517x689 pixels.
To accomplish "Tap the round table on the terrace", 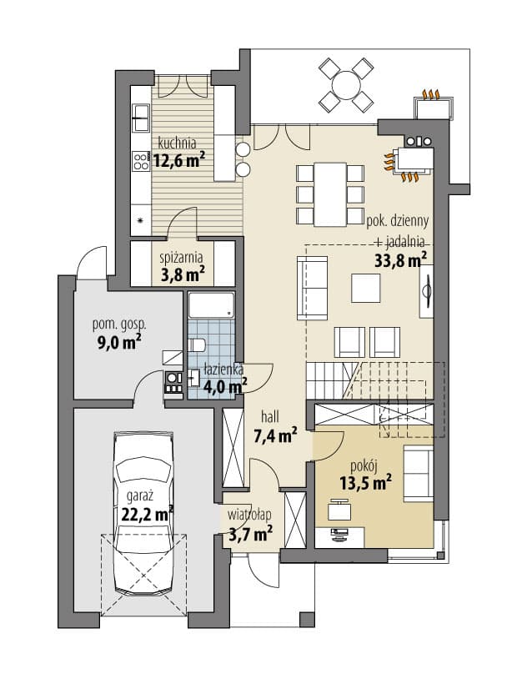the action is pos(346,84).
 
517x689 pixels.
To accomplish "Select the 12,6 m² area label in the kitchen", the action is pos(179,160).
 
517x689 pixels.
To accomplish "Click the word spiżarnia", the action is pos(181,257).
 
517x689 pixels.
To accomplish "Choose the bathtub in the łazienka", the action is pos(211,305).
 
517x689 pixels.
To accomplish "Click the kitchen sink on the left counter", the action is pos(141,118).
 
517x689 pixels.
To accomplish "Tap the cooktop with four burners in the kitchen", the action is pos(141,160).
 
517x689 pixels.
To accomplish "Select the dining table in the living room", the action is pos(331,194).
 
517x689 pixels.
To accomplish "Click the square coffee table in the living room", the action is pos(365,289).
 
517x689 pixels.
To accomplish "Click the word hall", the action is pos(269,416).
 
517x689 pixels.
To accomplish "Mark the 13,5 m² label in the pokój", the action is pos(365,482).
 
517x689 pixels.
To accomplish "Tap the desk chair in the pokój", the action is pos(339,510).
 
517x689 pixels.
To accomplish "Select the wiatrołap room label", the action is pos(249,515).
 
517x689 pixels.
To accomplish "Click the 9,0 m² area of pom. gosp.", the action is pos(118,341).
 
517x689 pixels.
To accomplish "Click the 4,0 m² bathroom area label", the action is pos(225,387).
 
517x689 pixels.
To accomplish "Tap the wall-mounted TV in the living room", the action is pos(426,290).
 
